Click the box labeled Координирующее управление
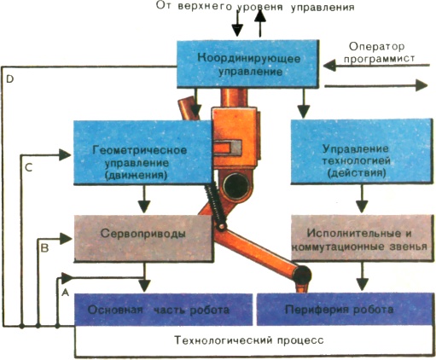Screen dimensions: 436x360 tap(247, 64)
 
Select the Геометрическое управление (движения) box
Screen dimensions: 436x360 tap(142, 153)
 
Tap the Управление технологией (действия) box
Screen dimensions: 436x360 tap(361, 151)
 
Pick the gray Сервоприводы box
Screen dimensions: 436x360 tap(143, 238)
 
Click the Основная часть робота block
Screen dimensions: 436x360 tap(164, 310)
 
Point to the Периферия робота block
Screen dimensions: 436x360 tap(344, 309)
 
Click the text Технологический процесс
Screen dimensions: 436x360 tap(249, 340)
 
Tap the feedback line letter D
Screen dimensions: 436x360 tap(10, 79)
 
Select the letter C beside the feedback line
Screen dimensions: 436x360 tap(28, 167)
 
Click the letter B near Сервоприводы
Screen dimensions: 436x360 tap(45, 248)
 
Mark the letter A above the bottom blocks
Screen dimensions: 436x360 tap(66, 292)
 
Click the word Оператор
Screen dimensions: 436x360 tap(377, 47)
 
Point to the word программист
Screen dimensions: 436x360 tap(379, 59)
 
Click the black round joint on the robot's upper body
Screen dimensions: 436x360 tap(235, 186)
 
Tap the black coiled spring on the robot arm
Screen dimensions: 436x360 tap(216, 204)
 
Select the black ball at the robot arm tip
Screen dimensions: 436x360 tap(303, 276)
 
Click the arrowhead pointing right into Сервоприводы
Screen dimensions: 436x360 tap(66, 239)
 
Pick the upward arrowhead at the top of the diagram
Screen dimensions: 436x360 tap(260, 16)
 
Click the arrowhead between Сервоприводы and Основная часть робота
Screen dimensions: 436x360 tap(145, 286)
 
